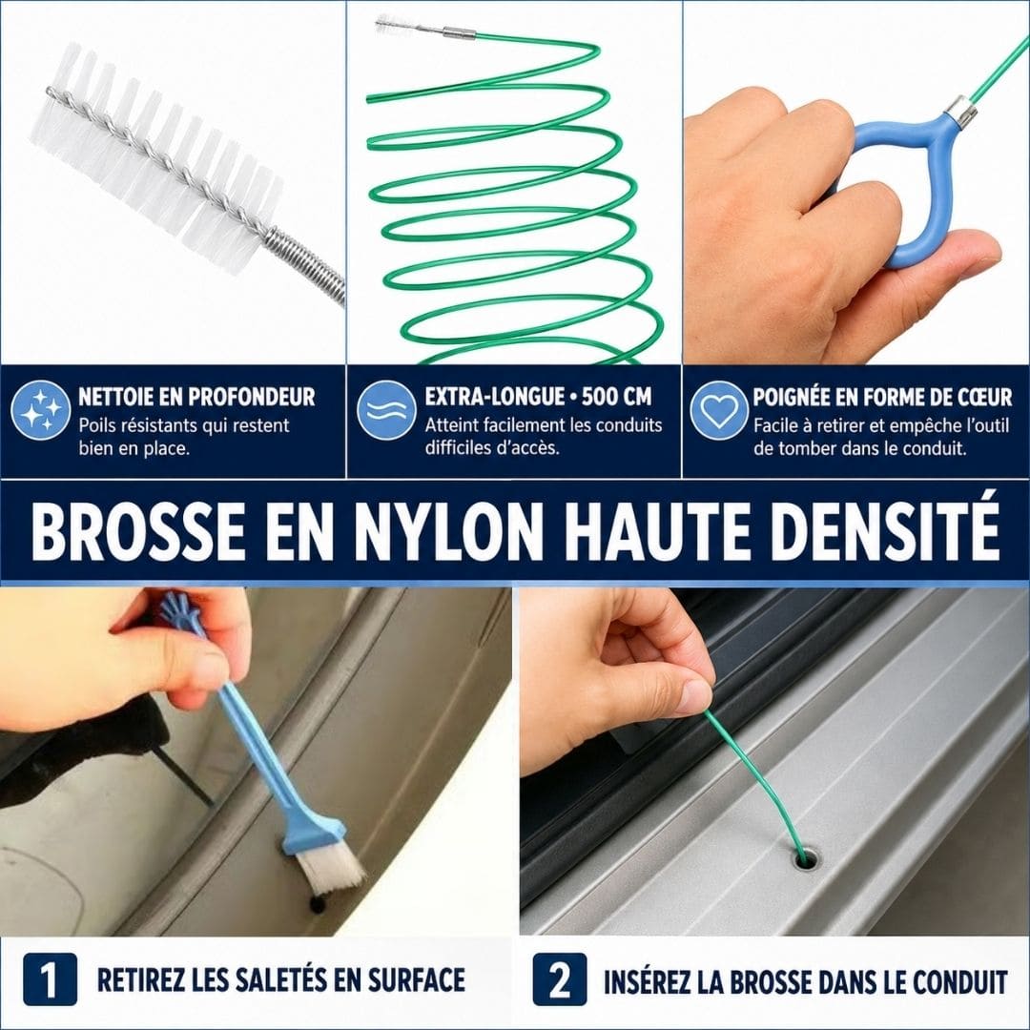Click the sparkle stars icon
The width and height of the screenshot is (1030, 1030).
(x=41, y=410)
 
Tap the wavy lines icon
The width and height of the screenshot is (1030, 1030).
(x=386, y=410)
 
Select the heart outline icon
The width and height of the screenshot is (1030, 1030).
(x=719, y=410)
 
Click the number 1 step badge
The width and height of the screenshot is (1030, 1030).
(x=50, y=979)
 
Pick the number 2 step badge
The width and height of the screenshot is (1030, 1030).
(x=560, y=979)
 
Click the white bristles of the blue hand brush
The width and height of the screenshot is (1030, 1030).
(x=333, y=872)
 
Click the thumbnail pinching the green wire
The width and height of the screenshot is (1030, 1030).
(x=695, y=694)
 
